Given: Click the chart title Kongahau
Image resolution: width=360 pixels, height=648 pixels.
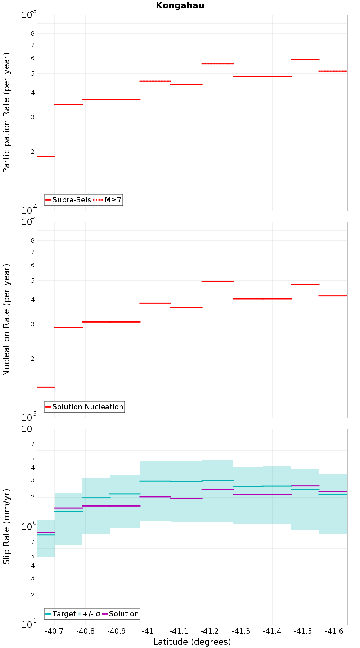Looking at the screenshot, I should tap(180, 5).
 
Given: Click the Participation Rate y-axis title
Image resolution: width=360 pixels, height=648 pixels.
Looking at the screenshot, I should tap(6, 113).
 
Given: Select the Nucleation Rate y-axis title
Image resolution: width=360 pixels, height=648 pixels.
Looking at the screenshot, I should tap(6, 320).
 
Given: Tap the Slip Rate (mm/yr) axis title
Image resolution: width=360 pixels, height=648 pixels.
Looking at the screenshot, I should tap(6, 526).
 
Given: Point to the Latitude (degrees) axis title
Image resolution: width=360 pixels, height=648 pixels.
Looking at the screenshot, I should tap(192, 642).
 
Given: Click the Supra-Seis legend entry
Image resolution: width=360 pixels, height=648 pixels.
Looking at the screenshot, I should tap(68, 200).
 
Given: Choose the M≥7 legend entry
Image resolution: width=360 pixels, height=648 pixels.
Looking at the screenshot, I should tap(108, 200).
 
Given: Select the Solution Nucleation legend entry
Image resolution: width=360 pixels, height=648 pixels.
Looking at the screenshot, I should tap(85, 407).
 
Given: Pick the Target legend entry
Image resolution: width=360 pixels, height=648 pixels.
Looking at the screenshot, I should tap(61, 614).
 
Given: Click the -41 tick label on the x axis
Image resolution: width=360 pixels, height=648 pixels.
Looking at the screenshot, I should tap(148, 631).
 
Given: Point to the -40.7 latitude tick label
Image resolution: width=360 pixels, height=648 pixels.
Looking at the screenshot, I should tap(54, 631).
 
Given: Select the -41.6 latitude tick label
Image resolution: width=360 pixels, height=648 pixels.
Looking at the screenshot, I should tap(334, 631).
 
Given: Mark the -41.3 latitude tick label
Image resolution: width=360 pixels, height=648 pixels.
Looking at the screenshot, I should tap(241, 631).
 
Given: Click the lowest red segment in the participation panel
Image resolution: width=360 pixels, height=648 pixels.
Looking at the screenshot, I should tap(46, 156).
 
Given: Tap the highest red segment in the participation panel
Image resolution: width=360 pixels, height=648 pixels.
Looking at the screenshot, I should tap(305, 60).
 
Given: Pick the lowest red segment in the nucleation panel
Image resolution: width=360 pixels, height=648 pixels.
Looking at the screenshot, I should tap(46, 387).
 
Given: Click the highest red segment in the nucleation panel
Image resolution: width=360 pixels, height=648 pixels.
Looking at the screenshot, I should tap(217, 282).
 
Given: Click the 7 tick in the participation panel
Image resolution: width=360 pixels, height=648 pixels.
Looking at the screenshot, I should tap(33, 45).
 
